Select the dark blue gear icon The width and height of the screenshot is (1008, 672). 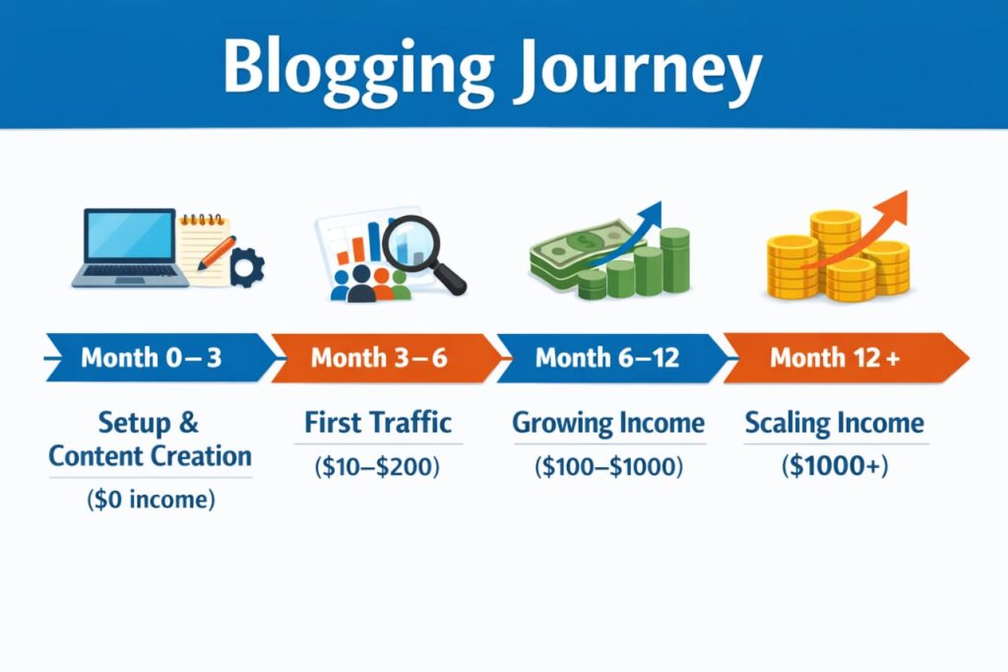tap(246, 267)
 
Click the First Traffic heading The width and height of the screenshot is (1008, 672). tap(378, 423)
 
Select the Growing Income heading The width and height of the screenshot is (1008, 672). tap(608, 424)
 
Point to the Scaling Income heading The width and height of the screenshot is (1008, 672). tap(835, 424)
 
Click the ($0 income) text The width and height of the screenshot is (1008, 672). tap(151, 500)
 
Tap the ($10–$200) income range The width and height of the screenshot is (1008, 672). tap(378, 466)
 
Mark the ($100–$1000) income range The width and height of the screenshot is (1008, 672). tap(608, 466)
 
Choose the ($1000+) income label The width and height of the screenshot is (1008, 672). tap(835, 466)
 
